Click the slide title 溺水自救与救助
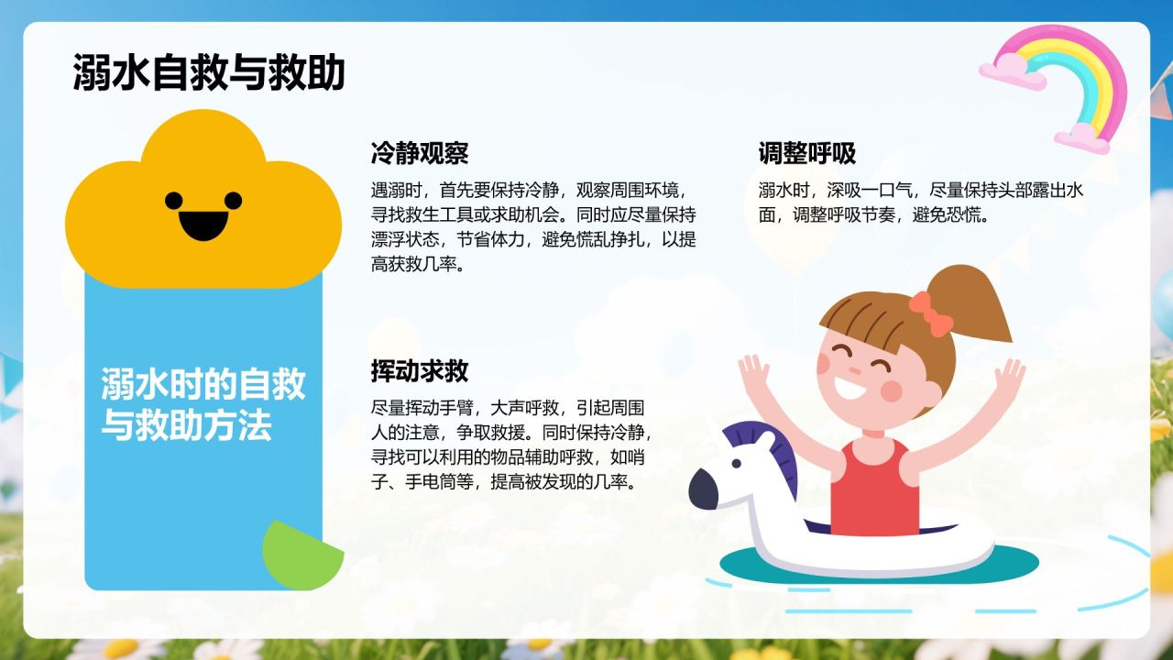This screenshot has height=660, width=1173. pyautogui.click(x=208, y=72)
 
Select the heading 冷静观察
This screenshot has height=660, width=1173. pyautogui.click(x=420, y=153)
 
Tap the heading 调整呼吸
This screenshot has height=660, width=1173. pyautogui.click(x=807, y=153)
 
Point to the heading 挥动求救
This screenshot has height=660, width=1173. pyautogui.click(x=420, y=371)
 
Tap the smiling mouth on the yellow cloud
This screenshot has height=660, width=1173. pyautogui.click(x=203, y=225)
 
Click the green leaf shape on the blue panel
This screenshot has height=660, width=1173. pyautogui.click(x=301, y=556)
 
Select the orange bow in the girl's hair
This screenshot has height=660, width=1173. pyautogui.click(x=930, y=313)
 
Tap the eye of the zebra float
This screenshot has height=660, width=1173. pyautogui.click(x=736, y=464)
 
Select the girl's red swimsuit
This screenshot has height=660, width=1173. pyautogui.click(x=874, y=489)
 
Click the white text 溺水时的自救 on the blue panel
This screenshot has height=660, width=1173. pyautogui.click(x=203, y=384)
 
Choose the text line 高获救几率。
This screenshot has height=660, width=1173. pyautogui.click(x=418, y=264)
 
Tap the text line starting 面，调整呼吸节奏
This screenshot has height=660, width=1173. pyautogui.click(x=873, y=214)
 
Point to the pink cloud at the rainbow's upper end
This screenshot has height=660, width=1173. pyautogui.click(x=1012, y=71)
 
